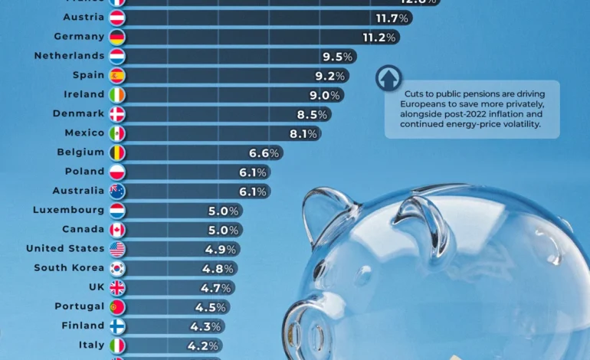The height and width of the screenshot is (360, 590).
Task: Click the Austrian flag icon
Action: (117, 18)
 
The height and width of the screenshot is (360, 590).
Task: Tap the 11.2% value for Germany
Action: (379, 37)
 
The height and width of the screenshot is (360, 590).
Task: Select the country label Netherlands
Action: (69, 56)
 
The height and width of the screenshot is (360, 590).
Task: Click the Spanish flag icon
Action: (117, 76)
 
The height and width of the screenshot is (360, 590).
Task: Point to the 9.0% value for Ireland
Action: (324, 95)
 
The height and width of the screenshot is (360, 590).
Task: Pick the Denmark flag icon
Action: (117, 114)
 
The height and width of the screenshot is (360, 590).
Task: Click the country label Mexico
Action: (84, 133)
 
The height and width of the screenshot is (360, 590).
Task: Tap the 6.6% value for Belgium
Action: (264, 152)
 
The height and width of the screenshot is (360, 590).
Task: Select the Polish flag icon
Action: (117, 172)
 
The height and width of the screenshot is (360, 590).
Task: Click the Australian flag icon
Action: (117, 191)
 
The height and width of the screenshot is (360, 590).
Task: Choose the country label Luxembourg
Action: (68, 210)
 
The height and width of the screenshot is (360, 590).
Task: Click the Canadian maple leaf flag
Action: (117, 230)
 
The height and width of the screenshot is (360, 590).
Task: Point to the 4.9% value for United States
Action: (221, 249)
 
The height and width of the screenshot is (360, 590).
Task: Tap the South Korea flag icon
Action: (117, 268)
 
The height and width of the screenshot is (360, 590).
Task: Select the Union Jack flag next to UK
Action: (117, 287)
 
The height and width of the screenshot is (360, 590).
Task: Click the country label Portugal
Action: (79, 306)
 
